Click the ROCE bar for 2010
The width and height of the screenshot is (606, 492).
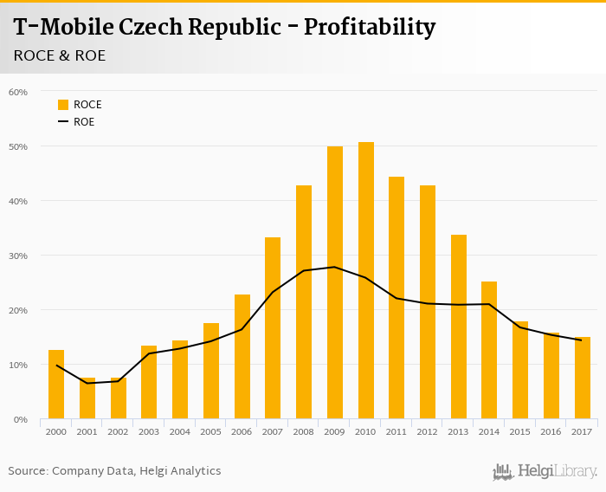[x=366, y=281]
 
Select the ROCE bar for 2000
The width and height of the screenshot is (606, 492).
[x=56, y=385]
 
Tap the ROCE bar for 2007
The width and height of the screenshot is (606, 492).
[x=273, y=328]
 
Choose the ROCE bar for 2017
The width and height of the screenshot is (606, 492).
[x=583, y=378]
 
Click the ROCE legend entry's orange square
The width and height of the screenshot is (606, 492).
[x=63, y=105]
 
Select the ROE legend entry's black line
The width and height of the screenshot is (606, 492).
[x=63, y=122]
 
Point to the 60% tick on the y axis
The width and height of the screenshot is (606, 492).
[x=18, y=92]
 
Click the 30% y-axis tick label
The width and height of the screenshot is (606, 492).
[x=18, y=256]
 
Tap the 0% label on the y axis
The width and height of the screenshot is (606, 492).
[x=21, y=419]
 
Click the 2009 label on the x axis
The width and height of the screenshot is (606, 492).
[x=335, y=431]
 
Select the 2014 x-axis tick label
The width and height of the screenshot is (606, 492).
[x=490, y=431]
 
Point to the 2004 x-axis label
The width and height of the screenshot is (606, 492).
[x=180, y=431]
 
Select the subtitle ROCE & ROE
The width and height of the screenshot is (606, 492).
[x=60, y=55]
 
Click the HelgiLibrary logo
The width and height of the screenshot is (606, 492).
[x=545, y=471]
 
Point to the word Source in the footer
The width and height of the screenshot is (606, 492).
[x=28, y=471]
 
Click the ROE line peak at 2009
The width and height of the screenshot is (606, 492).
[x=335, y=267]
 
